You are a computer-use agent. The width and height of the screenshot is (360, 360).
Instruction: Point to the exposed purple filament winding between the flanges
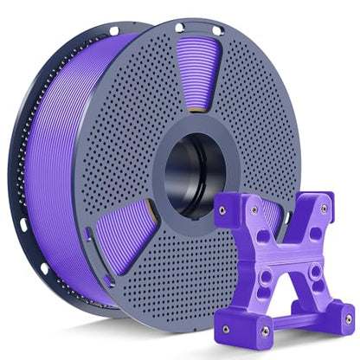(65, 173)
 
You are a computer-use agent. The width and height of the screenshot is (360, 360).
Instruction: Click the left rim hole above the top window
(178, 29)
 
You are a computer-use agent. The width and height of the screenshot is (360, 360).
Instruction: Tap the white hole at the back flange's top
(113, 31)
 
